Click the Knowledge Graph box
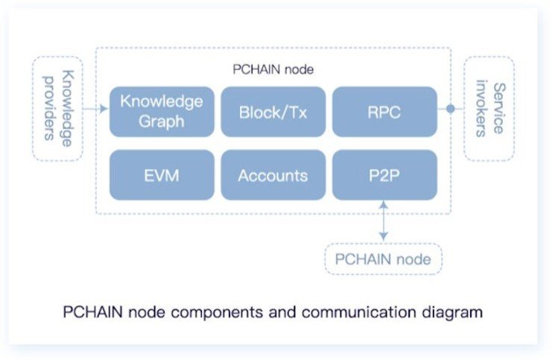(162, 111)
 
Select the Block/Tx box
(273, 112)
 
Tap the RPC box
(384, 112)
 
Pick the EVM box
(162, 176)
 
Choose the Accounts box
(273, 176)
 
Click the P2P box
(384, 176)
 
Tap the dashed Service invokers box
(489, 109)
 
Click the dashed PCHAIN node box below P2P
(383, 260)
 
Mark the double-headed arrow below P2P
(384, 220)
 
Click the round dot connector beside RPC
(450, 109)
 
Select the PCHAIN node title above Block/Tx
(273, 70)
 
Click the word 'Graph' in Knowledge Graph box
(162, 121)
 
